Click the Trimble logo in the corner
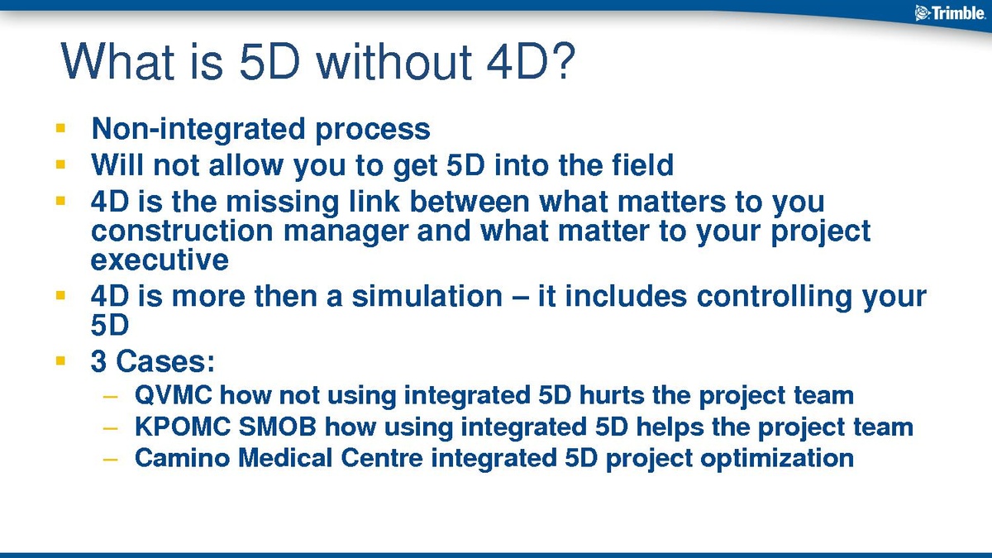(950, 13)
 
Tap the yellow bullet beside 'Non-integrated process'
(60, 128)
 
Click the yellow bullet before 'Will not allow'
(60, 165)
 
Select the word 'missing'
(283, 202)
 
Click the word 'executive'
(160, 260)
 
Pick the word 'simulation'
(427, 296)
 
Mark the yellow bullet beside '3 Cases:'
(60, 361)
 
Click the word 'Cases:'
(165, 361)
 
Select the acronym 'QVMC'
(173, 394)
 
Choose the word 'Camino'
(183, 457)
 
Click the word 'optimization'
(777, 458)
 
